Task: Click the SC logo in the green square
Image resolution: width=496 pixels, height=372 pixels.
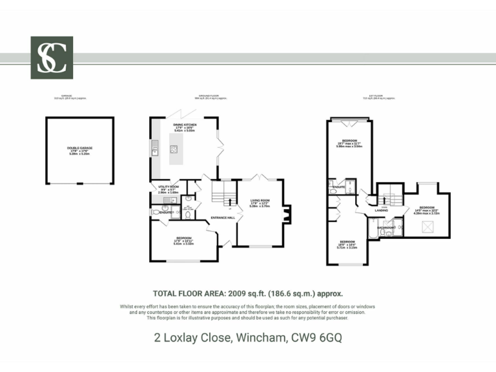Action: coord(52,57)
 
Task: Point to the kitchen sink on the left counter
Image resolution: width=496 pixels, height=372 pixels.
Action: coord(154,151)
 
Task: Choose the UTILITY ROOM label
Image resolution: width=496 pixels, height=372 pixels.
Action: coord(168,186)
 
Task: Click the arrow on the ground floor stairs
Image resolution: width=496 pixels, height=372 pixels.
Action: coord(230,202)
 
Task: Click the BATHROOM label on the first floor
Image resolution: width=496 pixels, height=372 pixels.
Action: coord(386,227)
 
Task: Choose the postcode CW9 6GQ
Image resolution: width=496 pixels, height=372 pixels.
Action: coord(317,337)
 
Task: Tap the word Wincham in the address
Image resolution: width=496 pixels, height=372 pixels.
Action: coord(259,337)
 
